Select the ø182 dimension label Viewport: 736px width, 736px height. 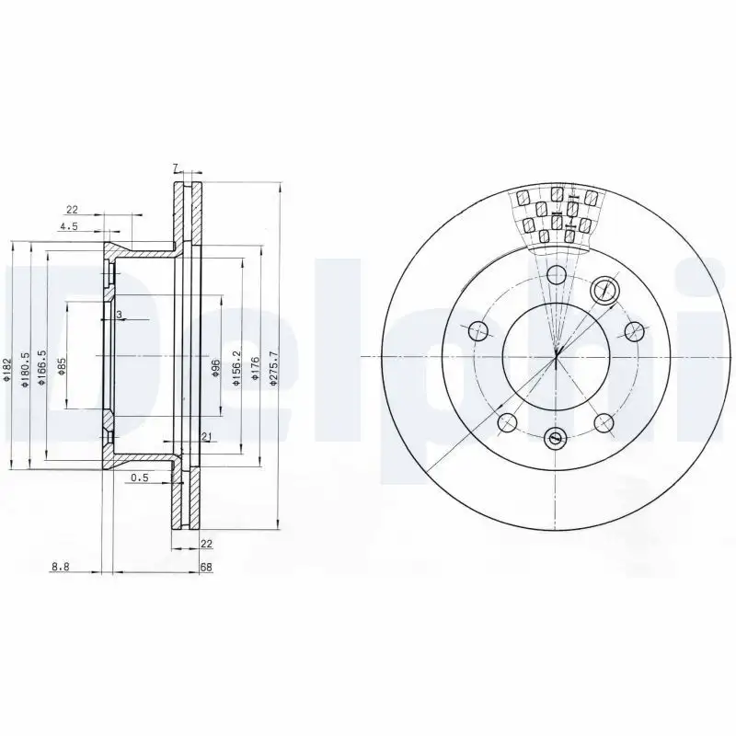[6, 369]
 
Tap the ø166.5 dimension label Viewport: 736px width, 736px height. [42, 366]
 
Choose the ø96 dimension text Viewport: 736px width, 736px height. [217, 367]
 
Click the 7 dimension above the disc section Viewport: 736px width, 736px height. [174, 167]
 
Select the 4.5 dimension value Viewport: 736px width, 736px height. [67, 225]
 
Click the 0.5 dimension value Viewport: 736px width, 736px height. [140, 477]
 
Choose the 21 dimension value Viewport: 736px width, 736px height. [206, 436]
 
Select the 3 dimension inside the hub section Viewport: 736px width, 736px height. [119, 315]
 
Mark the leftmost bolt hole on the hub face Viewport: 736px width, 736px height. [477, 330]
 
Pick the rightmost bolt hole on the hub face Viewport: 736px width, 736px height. [632, 330]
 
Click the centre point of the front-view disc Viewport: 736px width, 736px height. [556, 357]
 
